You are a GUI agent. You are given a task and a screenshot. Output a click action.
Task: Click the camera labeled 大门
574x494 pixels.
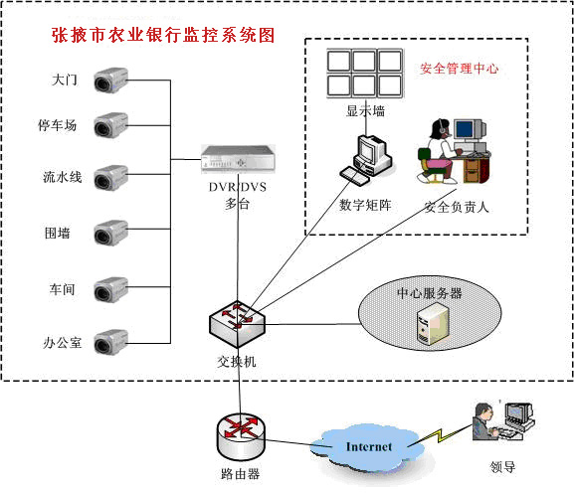click(110, 81)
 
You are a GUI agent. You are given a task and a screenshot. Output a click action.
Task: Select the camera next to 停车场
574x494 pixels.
click(110, 125)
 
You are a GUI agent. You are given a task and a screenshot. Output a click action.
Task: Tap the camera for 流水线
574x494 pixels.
click(110, 178)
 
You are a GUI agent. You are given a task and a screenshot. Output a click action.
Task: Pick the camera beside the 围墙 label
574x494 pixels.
click(110, 233)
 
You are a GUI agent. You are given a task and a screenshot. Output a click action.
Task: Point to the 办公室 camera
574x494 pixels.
click(110, 342)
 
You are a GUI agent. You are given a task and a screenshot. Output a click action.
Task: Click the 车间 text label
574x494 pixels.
click(63, 289)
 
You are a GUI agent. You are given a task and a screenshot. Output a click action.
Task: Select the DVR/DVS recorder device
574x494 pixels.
click(238, 158)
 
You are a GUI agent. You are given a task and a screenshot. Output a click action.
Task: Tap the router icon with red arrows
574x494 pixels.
click(241, 437)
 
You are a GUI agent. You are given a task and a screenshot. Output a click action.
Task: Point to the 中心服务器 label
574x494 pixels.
click(430, 293)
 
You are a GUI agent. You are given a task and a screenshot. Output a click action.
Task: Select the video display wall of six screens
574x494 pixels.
click(365, 74)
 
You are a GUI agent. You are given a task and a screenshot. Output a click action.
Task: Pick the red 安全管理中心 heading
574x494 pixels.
click(459, 69)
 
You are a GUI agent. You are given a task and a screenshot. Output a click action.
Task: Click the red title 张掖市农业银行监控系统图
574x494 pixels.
click(163, 35)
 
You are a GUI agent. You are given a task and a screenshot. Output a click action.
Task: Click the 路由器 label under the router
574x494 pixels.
click(241, 474)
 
